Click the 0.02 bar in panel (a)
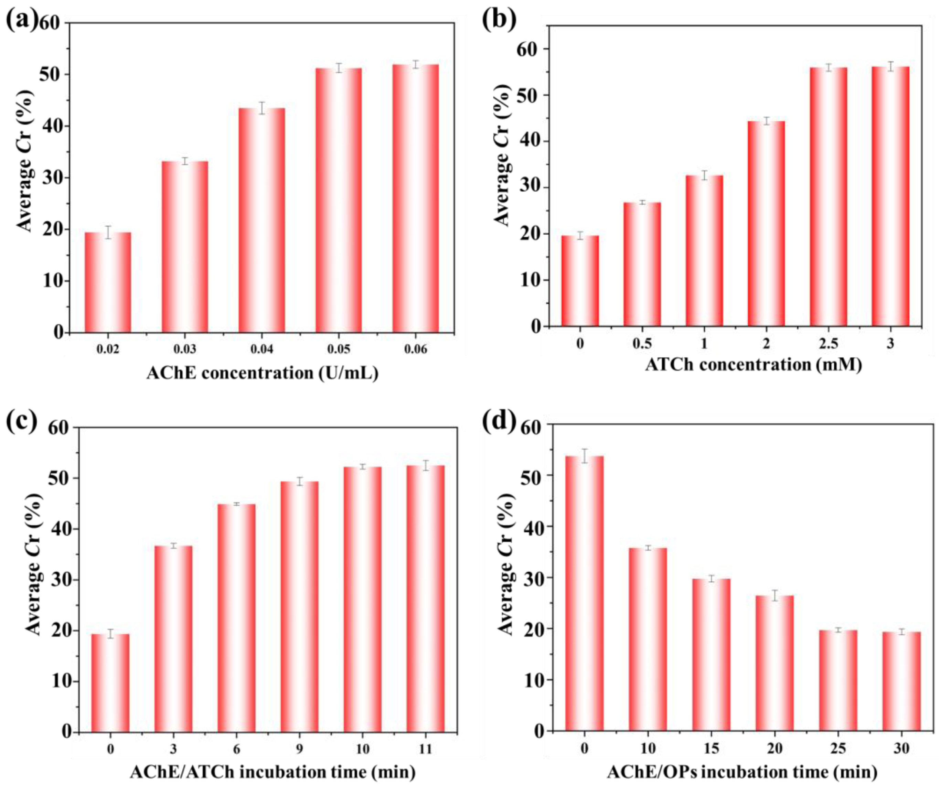pos(108,282)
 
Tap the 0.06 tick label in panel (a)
pos(416,349)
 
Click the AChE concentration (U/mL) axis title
pos(263,373)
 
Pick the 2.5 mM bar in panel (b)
pos(829,197)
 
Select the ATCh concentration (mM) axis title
pos(754,365)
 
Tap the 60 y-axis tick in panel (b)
pos(530,49)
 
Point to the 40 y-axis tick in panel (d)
pos(531,527)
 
